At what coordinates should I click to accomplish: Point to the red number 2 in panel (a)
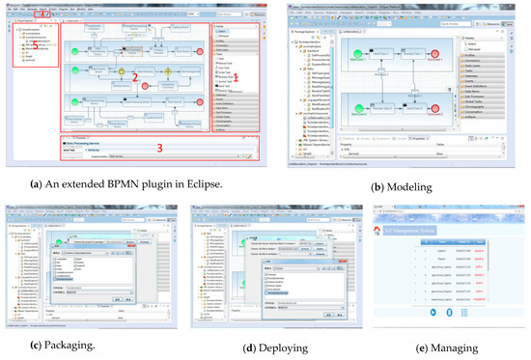[137, 73]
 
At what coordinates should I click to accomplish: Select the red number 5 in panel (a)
[36, 42]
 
